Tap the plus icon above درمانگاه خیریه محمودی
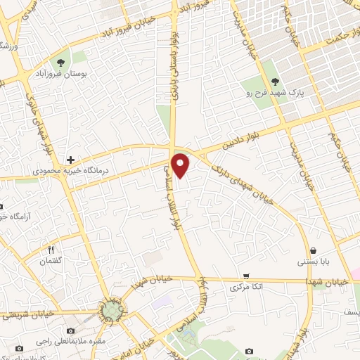70,160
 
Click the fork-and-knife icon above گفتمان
51,249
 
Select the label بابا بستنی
311,262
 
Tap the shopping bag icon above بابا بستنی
312,250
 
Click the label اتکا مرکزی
245,288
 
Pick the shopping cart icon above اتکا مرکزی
245,276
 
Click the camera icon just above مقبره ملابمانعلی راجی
70,330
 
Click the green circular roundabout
110,310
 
